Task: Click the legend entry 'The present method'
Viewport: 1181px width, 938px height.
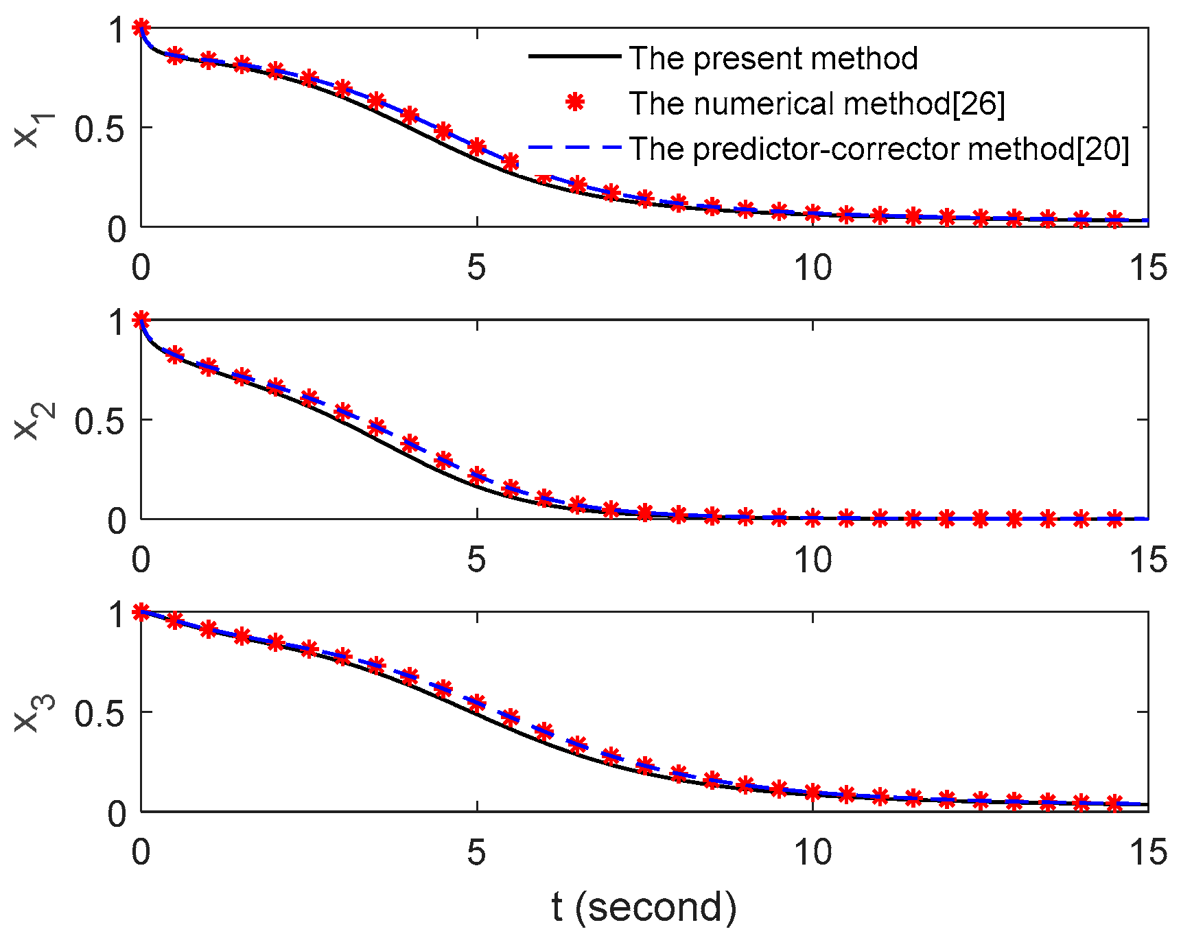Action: pos(773,58)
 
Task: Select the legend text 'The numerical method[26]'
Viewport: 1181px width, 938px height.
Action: pos(817,104)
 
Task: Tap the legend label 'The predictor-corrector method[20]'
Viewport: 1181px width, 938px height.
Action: pos(878,149)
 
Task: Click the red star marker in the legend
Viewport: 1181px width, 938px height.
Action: pos(575,103)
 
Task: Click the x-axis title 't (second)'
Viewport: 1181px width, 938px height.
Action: pos(644,906)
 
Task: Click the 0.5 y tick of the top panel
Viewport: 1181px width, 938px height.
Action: pos(100,128)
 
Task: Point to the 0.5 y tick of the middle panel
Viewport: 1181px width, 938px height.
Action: pos(100,421)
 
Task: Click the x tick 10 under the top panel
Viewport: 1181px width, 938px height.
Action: pos(812,268)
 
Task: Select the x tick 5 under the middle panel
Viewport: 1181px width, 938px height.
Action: pos(476,560)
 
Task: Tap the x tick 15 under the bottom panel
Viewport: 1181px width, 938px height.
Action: pos(1147,853)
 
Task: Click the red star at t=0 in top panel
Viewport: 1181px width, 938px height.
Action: pos(141,27)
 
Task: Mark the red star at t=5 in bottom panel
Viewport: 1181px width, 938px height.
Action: pos(477,702)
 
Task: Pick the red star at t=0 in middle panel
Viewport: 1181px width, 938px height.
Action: pos(141,320)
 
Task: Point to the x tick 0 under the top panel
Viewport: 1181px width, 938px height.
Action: pos(141,268)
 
